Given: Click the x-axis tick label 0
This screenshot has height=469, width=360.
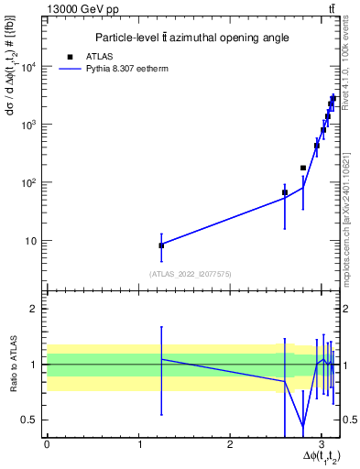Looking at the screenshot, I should [47, 443].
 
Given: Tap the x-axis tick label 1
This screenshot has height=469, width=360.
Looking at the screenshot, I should [139, 443].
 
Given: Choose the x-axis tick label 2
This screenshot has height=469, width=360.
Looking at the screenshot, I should [231, 443].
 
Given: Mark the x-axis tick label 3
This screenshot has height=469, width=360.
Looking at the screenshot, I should [322, 443].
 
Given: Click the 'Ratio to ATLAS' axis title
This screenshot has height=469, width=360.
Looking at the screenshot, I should [12, 364].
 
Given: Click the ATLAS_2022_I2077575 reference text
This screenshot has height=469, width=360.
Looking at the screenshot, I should [191, 273].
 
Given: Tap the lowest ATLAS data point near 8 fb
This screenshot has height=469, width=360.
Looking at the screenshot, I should [161, 245].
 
